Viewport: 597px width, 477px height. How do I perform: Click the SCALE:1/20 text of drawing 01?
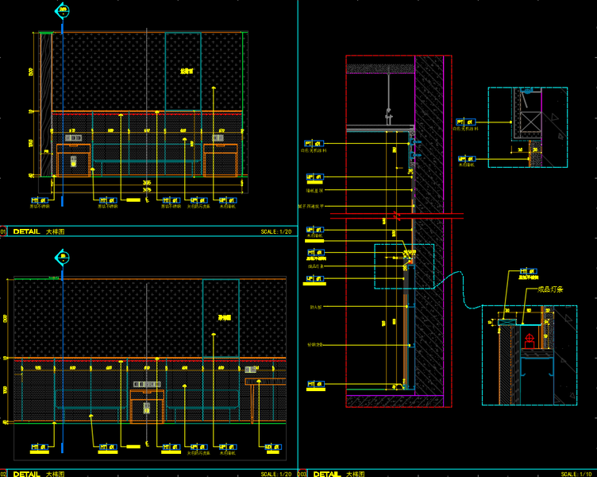275,232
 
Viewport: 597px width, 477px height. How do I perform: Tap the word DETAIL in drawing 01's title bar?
26,232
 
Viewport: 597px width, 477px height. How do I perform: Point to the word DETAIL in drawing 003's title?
327,474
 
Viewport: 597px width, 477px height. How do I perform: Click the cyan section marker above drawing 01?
61,11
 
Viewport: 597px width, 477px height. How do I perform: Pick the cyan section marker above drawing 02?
62,257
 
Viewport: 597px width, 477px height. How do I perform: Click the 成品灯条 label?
542,289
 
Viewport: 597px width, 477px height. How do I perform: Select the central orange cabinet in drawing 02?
147,406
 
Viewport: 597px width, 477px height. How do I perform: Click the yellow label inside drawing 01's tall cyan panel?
187,71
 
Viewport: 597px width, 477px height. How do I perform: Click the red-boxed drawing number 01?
4,232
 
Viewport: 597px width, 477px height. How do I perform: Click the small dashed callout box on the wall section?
404,266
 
